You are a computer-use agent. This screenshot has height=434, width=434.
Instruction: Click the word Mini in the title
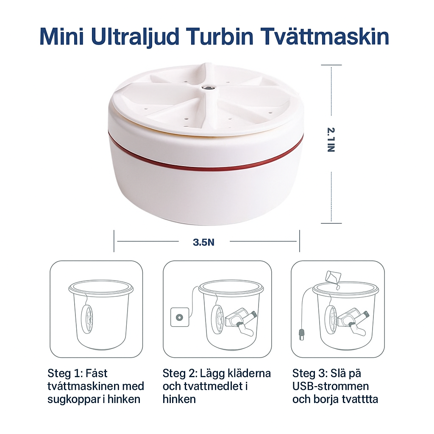61,36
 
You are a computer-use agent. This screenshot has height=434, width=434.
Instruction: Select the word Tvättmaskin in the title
325,36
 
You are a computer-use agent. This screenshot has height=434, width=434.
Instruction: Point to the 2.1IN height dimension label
331,140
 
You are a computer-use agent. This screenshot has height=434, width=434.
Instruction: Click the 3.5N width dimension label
204,242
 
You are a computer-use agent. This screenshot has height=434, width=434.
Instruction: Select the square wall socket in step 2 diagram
180,317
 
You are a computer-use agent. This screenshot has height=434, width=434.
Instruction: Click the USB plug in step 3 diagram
302,334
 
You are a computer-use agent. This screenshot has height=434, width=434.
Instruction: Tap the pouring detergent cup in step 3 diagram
333,278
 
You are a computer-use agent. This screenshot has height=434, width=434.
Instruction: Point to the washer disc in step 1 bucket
87,319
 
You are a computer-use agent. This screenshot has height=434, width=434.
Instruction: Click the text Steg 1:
65,374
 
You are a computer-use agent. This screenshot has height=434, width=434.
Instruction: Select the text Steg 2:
180,374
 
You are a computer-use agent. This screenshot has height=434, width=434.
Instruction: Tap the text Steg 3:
310,374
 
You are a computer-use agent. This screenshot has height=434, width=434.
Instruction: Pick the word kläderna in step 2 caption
249,374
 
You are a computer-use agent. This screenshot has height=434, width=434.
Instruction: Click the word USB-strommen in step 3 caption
331,387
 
